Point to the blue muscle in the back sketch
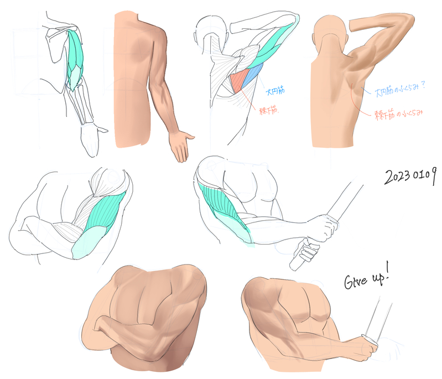pos(254,75)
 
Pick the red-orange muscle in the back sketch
pos(240,81)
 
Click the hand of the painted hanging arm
pos(182,146)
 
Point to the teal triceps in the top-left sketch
pos(75,61)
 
